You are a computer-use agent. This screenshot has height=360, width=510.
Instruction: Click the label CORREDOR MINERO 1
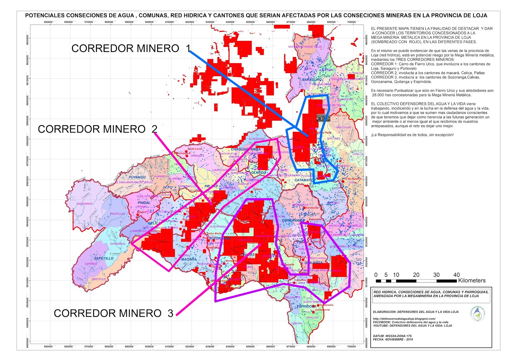coord(131,48)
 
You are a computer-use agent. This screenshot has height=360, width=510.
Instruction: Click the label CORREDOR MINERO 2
coord(98,129)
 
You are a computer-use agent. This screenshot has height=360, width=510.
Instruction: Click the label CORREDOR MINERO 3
coord(113,313)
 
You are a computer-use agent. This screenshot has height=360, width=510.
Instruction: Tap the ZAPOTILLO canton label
coord(104,258)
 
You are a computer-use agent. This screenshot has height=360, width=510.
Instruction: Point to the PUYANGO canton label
coord(137,177)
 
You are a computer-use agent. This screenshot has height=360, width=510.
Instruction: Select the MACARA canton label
coord(189,259)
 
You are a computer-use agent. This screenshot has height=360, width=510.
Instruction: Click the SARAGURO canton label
coord(312,80)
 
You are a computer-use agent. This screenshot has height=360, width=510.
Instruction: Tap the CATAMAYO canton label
coord(304,180)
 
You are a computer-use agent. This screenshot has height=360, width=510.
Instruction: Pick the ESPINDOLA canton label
coord(306,306)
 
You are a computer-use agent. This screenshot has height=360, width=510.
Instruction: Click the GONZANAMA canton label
coord(293,220)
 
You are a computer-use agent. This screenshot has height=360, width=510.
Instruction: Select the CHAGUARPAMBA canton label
coord(246,149)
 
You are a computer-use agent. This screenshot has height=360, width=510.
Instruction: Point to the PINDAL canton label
coord(144,203)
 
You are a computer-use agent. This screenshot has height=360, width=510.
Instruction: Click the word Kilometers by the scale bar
coord(472,281)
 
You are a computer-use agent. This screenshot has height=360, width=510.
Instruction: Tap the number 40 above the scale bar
coord(456,275)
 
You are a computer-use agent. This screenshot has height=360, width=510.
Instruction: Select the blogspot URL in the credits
coord(404,319)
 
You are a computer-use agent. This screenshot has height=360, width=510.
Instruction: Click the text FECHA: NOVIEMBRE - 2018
coord(393,339)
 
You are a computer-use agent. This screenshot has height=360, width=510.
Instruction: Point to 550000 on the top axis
coord(48,22)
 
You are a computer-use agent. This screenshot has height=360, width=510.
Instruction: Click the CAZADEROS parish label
coord(85,204)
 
